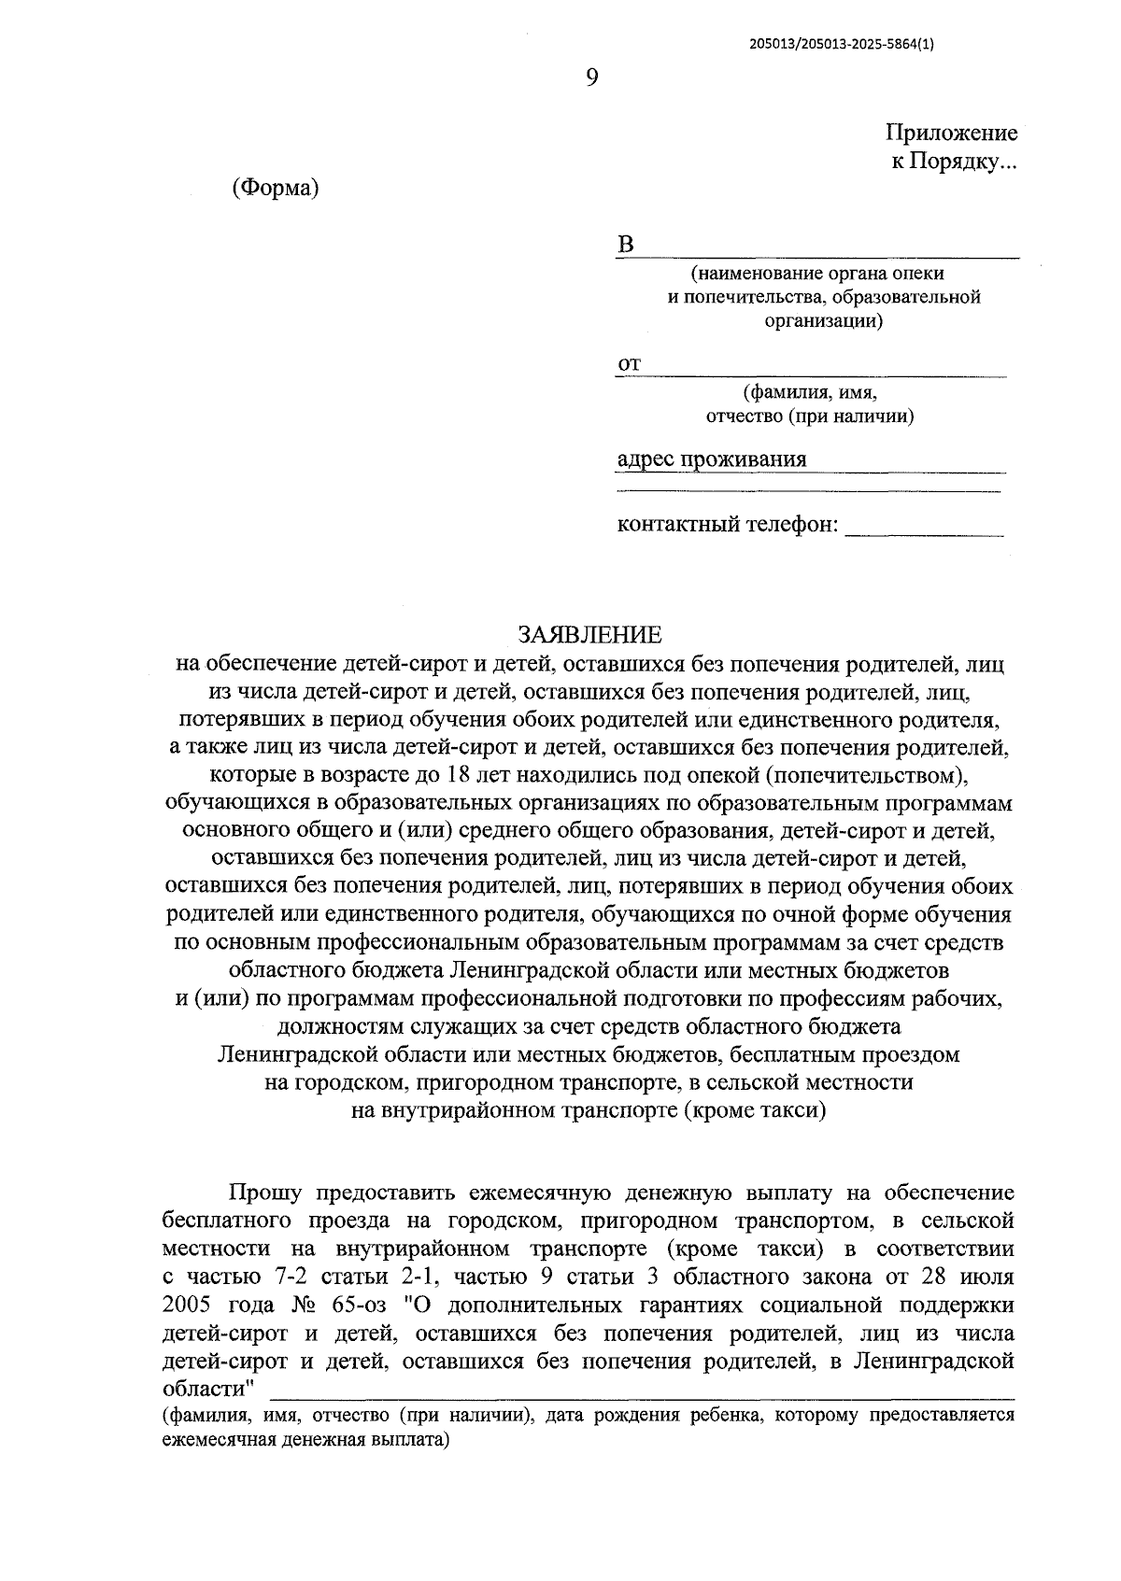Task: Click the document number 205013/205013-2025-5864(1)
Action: [841, 42]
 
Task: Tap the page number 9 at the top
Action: [591, 78]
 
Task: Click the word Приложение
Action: [951, 134]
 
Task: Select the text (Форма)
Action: [276, 188]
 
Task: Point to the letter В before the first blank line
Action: [626, 246]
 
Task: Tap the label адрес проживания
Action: [712, 459]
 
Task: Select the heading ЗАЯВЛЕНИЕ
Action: [589, 636]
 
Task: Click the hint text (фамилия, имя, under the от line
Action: [810, 392]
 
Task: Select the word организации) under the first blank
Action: [818, 321]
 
